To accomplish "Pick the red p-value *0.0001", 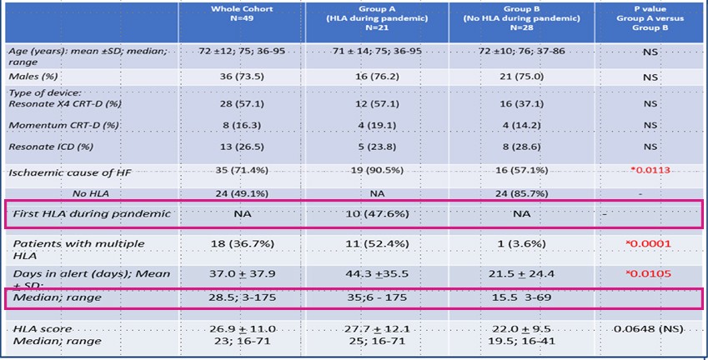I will tap(649, 245).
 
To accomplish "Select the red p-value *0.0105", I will tap(649, 274).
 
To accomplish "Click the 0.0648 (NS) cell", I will tap(649, 330).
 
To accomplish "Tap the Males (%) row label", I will tap(34, 76).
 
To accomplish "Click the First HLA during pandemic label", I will tap(92, 214).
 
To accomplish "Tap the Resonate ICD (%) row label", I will tap(52, 148).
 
